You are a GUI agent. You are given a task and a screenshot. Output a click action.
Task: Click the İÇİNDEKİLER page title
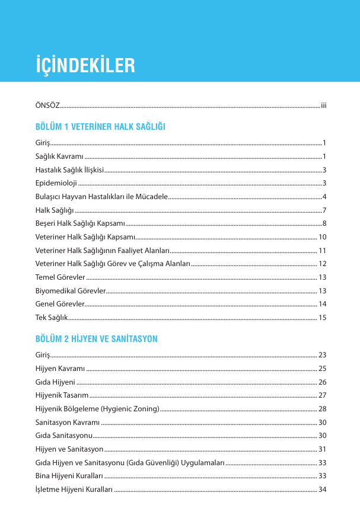(85, 65)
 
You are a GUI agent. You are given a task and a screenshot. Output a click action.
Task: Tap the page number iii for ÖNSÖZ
(324, 105)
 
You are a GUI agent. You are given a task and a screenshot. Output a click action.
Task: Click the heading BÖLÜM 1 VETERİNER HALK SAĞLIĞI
(100, 127)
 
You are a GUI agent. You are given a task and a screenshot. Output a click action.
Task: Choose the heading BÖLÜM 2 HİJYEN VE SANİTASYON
(96, 340)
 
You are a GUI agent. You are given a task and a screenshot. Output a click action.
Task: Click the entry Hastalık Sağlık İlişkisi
(69, 169)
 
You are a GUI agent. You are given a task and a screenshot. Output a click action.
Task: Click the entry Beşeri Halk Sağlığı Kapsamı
(80, 223)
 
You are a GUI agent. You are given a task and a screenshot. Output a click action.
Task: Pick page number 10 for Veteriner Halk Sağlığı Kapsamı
(323, 237)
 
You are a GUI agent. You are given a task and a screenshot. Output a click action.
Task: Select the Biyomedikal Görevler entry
(71, 290)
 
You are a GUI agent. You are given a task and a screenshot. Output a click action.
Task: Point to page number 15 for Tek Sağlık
(323, 318)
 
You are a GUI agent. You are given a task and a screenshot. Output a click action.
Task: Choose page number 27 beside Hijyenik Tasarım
(323, 395)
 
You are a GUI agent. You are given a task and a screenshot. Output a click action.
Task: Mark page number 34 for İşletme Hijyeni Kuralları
(323, 489)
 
